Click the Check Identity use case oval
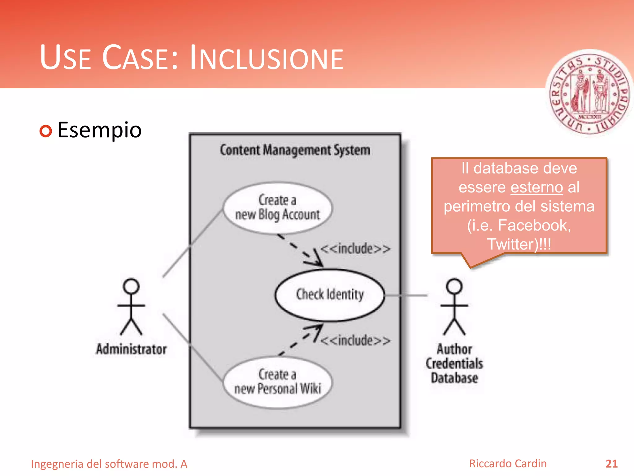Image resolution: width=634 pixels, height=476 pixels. coord(330,295)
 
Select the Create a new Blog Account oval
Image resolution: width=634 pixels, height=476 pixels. coord(277,208)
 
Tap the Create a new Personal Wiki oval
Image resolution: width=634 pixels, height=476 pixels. coord(277,382)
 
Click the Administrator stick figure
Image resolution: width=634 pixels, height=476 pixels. coord(131,307)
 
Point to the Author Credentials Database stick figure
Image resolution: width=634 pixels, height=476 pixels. coord(454,307)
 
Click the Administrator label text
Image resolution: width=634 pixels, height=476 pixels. coord(131,349)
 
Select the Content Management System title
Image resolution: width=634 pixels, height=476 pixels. coord(295,150)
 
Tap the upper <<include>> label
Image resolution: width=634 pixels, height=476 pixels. coord(355,249)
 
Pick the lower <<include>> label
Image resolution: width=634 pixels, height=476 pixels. coord(355,341)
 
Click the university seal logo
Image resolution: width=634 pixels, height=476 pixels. coord(589,93)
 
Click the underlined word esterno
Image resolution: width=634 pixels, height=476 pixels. coord(536,187)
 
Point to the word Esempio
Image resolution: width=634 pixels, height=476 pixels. coord(100,130)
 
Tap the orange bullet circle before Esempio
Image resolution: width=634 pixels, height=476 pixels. coord(46,131)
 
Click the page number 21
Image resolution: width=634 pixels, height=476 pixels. coord(611,464)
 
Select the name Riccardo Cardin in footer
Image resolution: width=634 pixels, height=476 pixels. coord(508,464)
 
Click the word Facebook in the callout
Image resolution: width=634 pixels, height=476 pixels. coord(534,225)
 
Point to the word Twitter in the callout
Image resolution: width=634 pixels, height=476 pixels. coord(512,244)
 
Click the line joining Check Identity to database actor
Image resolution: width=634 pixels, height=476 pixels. coord(406,295)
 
